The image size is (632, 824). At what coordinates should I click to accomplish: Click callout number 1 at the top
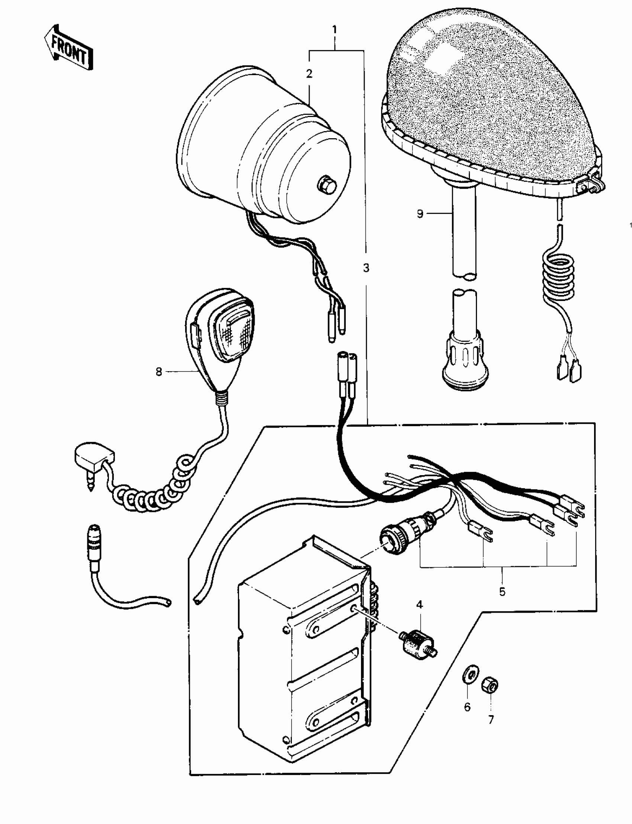click(x=335, y=30)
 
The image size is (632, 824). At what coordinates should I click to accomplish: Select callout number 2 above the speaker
click(x=309, y=74)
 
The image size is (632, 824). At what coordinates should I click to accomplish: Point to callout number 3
click(x=366, y=268)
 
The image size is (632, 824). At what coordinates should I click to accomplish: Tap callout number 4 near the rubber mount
click(x=419, y=605)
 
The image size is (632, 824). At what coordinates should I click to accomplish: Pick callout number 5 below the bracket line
click(x=502, y=592)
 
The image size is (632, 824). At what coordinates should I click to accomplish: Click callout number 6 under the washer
click(x=467, y=707)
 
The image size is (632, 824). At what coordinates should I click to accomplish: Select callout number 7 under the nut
click(x=491, y=720)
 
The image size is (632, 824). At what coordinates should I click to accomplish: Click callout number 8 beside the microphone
click(x=159, y=372)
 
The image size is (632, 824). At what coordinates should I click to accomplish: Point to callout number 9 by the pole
click(x=420, y=214)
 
